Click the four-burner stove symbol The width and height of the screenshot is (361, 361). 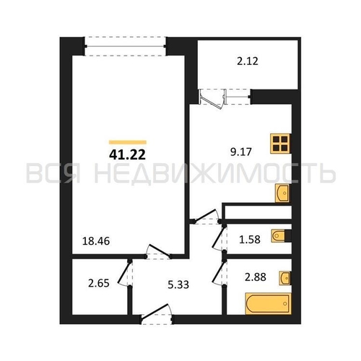coord(281,143)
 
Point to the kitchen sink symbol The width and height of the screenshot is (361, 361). coord(282,193)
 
